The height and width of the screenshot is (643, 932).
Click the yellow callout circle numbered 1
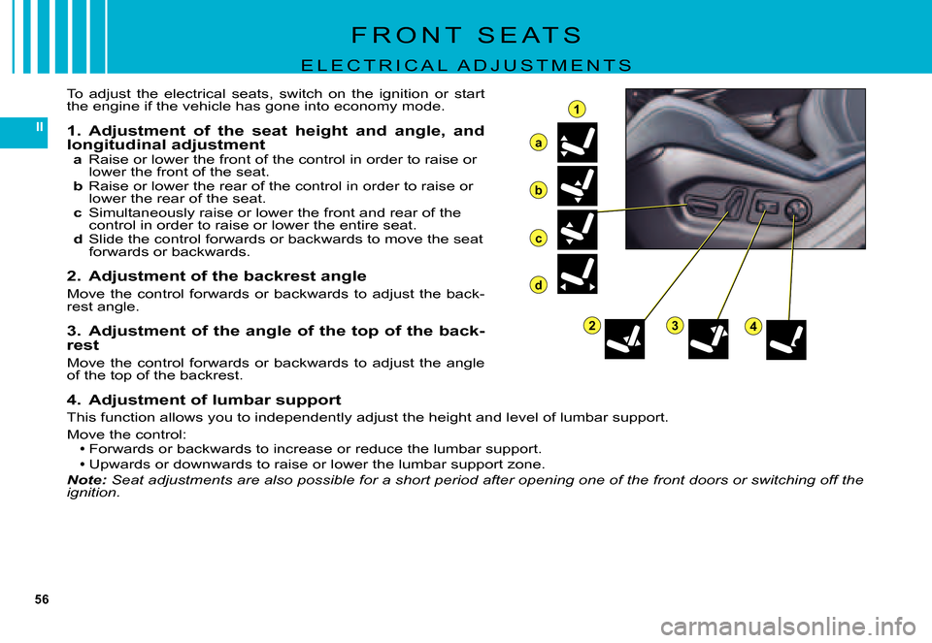click(x=576, y=110)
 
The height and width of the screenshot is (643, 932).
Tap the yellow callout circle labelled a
click(x=538, y=144)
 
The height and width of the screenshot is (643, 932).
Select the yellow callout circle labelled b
click(x=538, y=191)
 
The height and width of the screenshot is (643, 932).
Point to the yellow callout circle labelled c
click(x=538, y=239)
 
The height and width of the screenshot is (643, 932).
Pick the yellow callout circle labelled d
click(x=538, y=285)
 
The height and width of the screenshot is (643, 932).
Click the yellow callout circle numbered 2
click(x=591, y=325)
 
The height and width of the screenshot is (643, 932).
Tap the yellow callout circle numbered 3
click(x=675, y=325)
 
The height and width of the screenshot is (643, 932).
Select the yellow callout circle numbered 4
click(x=753, y=326)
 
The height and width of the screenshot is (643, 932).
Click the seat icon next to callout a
click(x=577, y=143)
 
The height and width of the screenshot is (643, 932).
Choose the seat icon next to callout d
click(x=577, y=273)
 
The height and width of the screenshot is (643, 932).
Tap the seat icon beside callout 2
click(x=624, y=339)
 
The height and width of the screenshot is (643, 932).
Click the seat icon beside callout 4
click(x=785, y=339)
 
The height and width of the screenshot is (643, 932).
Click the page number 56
click(x=42, y=599)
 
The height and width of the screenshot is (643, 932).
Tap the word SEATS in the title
click(x=530, y=35)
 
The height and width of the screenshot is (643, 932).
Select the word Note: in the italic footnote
click(x=86, y=480)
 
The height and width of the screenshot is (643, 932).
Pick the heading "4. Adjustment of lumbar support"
click(x=204, y=401)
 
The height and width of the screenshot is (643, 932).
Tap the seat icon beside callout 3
click(x=708, y=339)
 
